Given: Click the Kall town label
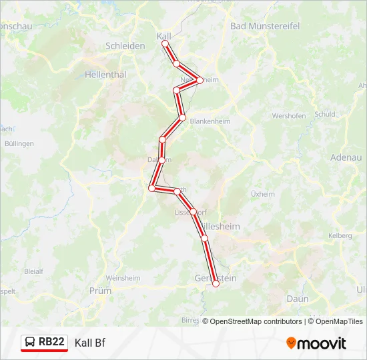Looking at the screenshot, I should pyautogui.click(x=164, y=35).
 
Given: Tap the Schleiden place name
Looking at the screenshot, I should pyautogui.click(x=125, y=46).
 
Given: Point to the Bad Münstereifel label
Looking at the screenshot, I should pyautogui.click(x=265, y=26).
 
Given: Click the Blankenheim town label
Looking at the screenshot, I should pyautogui.click(x=210, y=122).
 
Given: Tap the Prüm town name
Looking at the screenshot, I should pyautogui.click(x=100, y=291).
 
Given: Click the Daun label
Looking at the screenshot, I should pyautogui.click(x=298, y=299).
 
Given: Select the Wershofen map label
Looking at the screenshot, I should pyautogui.click(x=288, y=115).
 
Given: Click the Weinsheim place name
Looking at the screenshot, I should pyautogui.click(x=123, y=277).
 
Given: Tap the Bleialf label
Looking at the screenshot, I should pyautogui.click(x=33, y=271).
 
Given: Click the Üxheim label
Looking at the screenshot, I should pyautogui.click(x=262, y=194).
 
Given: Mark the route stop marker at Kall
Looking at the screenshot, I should pyautogui.click(x=165, y=44).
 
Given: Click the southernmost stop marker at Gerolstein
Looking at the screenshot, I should pyautogui.click(x=216, y=284).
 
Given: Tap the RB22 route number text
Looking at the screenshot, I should pyautogui.click(x=51, y=342).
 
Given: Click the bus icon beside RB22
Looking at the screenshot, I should pyautogui.click(x=30, y=343).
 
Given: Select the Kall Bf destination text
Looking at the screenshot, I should pyautogui.click(x=90, y=343).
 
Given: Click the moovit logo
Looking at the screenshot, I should pyautogui.click(x=316, y=343).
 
